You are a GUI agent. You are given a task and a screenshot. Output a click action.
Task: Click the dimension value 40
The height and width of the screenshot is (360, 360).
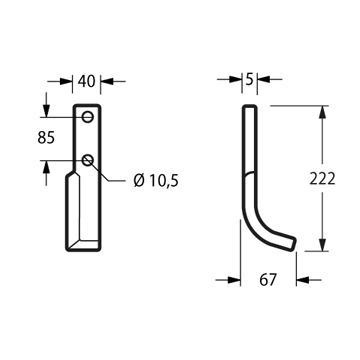click(86, 81)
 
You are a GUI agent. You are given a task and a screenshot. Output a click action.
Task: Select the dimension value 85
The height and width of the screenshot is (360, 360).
click(46, 138)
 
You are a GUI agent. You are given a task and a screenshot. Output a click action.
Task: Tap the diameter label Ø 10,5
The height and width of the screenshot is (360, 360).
click(156, 181)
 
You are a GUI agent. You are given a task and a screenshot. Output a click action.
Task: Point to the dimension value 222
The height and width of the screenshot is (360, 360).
click(322, 179)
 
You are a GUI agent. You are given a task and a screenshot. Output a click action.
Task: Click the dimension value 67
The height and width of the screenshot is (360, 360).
click(268, 280)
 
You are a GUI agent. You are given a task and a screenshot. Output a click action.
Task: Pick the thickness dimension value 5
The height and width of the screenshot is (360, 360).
click(249, 80)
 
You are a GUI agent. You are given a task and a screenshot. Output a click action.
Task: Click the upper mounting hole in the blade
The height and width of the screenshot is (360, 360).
click(88, 117)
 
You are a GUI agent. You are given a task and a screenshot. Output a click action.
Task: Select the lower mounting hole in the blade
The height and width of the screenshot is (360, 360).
click(88, 160)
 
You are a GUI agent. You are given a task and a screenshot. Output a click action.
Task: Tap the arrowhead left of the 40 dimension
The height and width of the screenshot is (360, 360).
click(66, 81)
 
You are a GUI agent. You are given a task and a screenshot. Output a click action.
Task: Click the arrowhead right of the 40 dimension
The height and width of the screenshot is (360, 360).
click(107, 81)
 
